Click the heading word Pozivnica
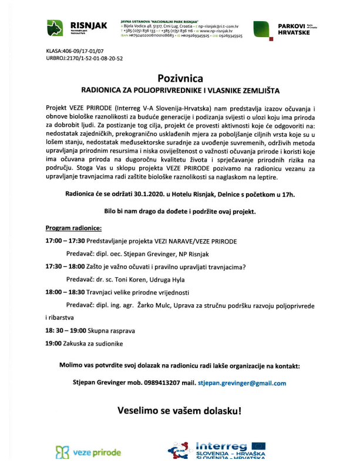click(x=180, y=78)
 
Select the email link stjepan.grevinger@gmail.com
click(x=242, y=383)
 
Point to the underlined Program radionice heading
click(x=73, y=227)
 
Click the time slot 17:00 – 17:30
click(x=66, y=241)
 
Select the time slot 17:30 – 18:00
click(x=66, y=266)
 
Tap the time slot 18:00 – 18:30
click(x=66, y=291)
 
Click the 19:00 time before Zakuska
click(x=54, y=343)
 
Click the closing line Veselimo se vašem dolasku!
click(x=180, y=410)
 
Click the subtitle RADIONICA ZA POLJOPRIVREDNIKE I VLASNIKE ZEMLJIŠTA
click(x=180, y=91)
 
